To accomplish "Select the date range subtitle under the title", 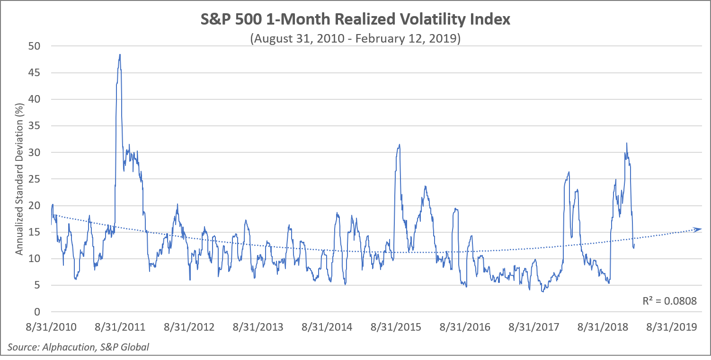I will pos(355,38).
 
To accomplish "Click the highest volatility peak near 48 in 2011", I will pos(120,55).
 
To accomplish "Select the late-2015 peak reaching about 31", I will pos(400,145).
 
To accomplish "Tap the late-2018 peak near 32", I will pos(627,143).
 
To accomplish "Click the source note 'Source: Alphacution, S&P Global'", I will pos(78,347).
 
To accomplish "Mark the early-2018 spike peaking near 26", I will pos(569,172).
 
